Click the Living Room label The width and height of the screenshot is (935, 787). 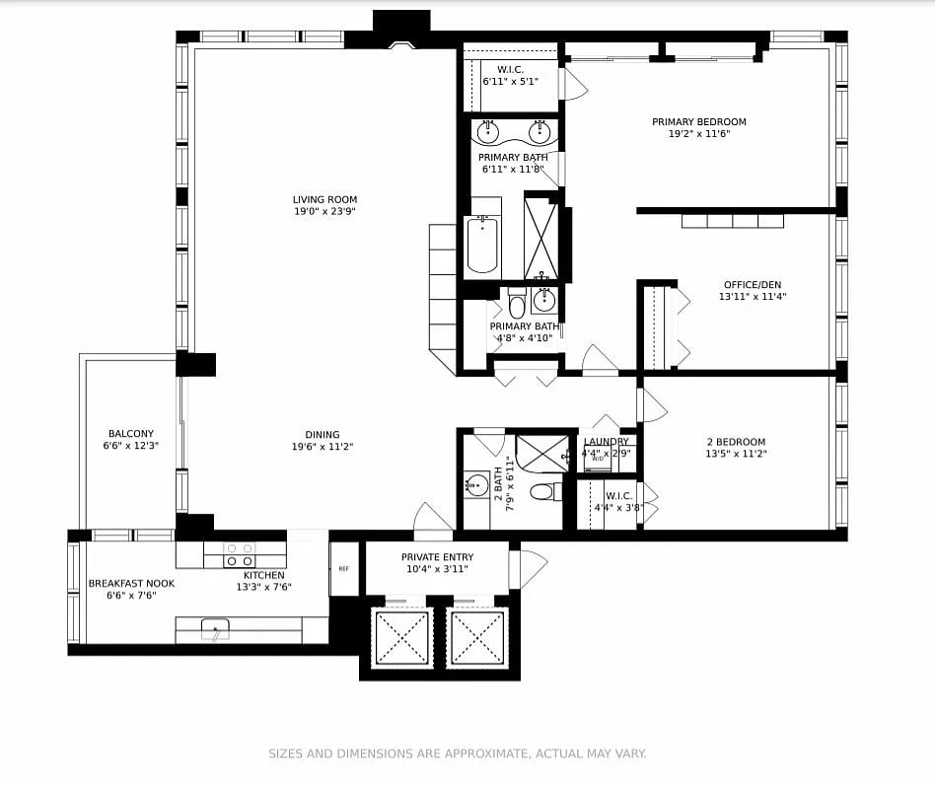pyautogui.click(x=325, y=200)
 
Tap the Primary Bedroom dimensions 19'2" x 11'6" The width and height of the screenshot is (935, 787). pyautogui.click(x=699, y=133)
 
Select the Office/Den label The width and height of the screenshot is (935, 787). pyautogui.click(x=753, y=285)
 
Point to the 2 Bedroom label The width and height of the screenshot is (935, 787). pyautogui.click(x=736, y=442)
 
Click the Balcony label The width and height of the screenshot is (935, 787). pyautogui.click(x=131, y=434)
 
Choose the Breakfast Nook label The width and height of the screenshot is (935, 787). pyautogui.click(x=131, y=583)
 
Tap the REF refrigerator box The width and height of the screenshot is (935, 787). pyautogui.click(x=344, y=569)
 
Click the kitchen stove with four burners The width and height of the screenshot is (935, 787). pyautogui.click(x=240, y=554)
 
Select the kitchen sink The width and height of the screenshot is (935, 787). pyautogui.click(x=215, y=629)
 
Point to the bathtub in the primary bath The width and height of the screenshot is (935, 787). pyautogui.click(x=482, y=245)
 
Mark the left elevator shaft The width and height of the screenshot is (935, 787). pyautogui.click(x=402, y=637)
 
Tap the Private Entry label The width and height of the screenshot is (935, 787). pyautogui.click(x=437, y=557)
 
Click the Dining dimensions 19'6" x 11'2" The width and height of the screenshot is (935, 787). pyautogui.click(x=323, y=447)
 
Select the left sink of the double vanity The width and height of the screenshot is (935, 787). pyautogui.click(x=488, y=131)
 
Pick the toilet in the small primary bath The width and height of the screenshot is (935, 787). pyautogui.click(x=517, y=304)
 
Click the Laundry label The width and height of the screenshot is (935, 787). pyautogui.click(x=606, y=441)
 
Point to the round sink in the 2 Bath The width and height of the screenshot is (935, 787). pyautogui.click(x=477, y=484)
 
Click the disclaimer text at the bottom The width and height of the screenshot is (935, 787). pyautogui.click(x=458, y=753)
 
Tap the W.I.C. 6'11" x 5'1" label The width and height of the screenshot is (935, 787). pyautogui.click(x=511, y=76)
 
